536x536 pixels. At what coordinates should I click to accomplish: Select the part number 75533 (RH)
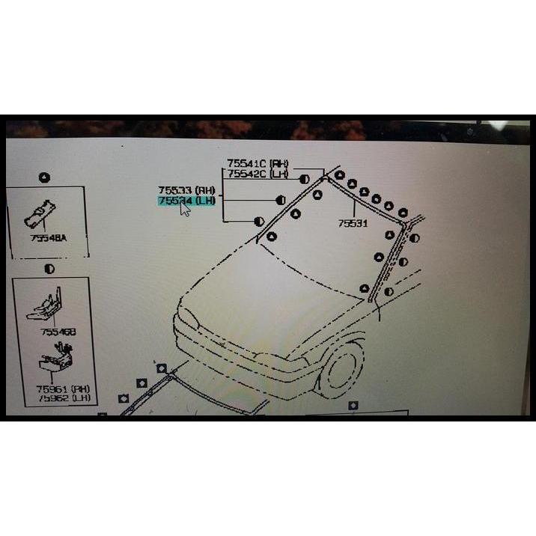(186, 190)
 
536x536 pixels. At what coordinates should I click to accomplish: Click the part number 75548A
(49, 238)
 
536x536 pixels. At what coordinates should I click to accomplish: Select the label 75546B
(58, 331)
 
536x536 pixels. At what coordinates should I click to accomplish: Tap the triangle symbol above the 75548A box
(44, 177)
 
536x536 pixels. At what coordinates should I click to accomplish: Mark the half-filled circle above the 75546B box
(49, 267)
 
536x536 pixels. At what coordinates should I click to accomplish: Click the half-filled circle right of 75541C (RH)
(304, 179)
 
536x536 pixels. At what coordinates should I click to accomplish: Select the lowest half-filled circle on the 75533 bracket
(259, 221)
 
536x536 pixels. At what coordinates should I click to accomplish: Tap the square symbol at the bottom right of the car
(354, 405)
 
